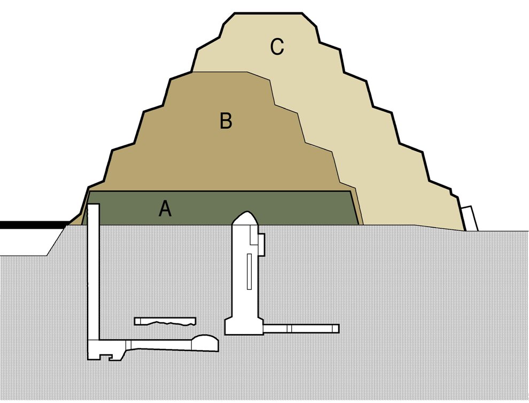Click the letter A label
click(165, 208)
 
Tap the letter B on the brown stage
click(226, 121)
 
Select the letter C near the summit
click(276, 47)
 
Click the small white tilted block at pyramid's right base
click(470, 218)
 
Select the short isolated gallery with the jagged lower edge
click(165, 321)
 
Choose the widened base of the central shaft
click(244, 324)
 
